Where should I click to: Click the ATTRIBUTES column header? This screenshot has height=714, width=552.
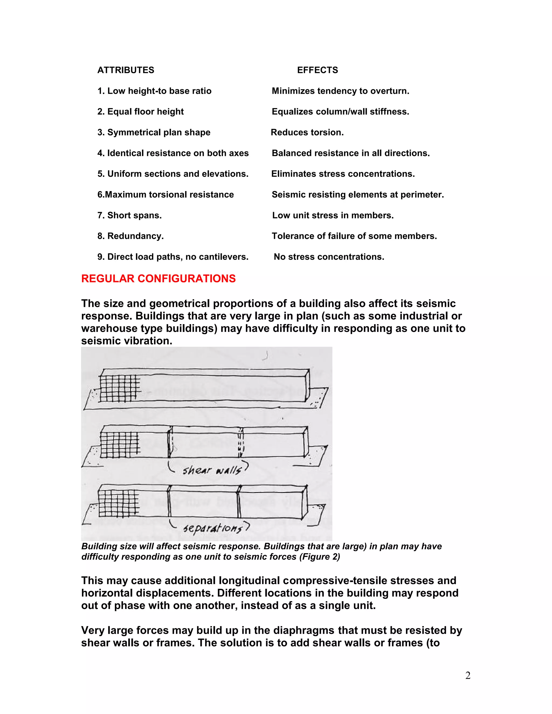point(126,70)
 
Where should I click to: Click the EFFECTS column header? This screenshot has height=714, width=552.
point(317,70)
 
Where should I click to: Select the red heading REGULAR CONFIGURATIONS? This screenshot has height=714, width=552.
point(158,279)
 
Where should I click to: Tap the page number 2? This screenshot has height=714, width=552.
point(468,675)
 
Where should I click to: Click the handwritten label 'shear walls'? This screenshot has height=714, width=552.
point(212,470)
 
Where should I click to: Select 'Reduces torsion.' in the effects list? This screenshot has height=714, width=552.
point(307,132)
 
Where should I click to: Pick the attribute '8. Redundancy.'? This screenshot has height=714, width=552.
point(130,236)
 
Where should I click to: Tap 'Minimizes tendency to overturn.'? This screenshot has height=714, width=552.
point(340,91)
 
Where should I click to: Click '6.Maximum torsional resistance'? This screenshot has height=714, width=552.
point(165,195)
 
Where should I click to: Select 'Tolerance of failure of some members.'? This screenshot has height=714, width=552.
point(354,236)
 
